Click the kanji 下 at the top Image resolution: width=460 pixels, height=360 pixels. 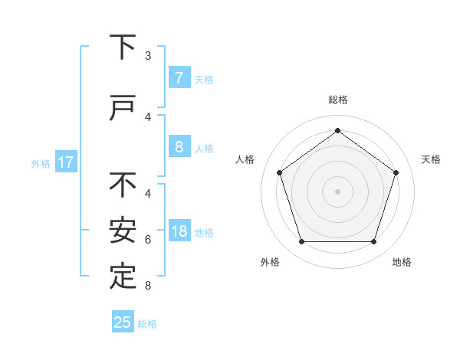pyautogui.click(x=123, y=47)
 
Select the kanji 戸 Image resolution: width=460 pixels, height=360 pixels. pyautogui.click(x=123, y=109)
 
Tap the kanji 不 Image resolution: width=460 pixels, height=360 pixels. pyautogui.click(x=123, y=185)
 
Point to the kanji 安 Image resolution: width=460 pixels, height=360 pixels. pyautogui.click(x=123, y=231)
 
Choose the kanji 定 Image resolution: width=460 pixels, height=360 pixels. pyautogui.click(x=123, y=277)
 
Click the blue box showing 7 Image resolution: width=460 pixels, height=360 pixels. pyautogui.click(x=179, y=78)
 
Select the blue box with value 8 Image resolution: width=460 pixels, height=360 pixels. pyautogui.click(x=179, y=147)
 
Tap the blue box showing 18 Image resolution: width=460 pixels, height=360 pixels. pyautogui.click(x=179, y=231)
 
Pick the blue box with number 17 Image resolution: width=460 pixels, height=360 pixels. pyautogui.click(x=66, y=162)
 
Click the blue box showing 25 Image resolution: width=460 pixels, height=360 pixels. pyautogui.click(x=123, y=322)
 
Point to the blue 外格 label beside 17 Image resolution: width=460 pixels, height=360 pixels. pyautogui.click(x=41, y=163)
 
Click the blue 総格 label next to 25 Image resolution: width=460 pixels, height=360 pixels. pyautogui.click(x=147, y=324)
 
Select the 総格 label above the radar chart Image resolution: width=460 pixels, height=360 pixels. pyautogui.click(x=337, y=100)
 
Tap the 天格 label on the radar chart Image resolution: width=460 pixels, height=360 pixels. pyautogui.click(x=431, y=159)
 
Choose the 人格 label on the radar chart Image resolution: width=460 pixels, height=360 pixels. pyautogui.click(x=245, y=159)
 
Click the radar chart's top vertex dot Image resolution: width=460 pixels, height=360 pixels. pyautogui.click(x=337, y=131)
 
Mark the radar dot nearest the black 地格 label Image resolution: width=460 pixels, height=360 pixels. pyautogui.click(x=373, y=242)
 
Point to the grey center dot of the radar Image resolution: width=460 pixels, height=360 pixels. pyautogui.click(x=337, y=191)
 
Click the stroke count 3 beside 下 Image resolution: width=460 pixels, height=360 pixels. pyautogui.click(x=148, y=56)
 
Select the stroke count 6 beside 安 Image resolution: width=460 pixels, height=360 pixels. pyautogui.click(x=148, y=240)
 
